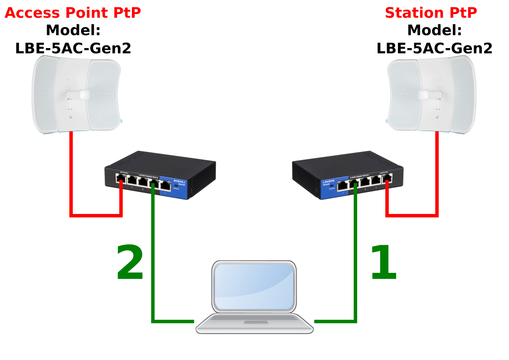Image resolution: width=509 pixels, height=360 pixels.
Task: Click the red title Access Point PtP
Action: coord(73,13)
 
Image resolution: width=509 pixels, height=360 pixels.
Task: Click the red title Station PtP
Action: coord(431,13)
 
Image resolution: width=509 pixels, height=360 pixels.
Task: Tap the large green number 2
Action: coord(130,263)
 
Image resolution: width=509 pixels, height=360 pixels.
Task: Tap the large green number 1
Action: coord(383,263)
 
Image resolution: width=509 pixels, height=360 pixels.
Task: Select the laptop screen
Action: coord(254,287)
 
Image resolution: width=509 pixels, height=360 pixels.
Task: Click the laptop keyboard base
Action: coord(254,323)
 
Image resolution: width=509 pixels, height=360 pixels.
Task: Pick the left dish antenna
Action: coord(76,95)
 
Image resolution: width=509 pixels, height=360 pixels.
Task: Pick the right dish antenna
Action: coord(431,95)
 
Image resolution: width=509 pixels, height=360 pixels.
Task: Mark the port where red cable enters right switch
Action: coord(387,179)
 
